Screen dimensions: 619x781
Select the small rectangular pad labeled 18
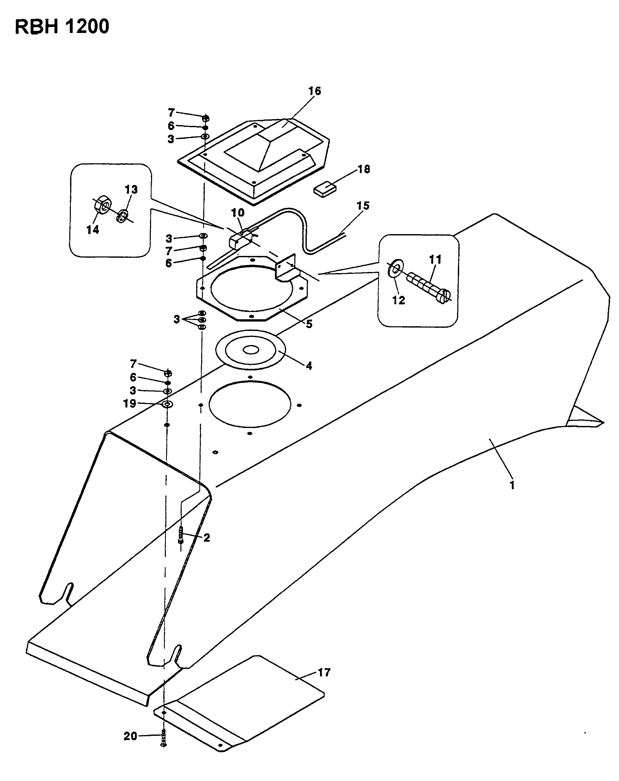tap(325, 189)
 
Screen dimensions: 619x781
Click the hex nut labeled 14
tap(102, 206)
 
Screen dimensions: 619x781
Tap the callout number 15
tap(363, 206)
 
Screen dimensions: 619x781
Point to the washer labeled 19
tap(167, 404)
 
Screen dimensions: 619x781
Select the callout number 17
tap(324, 672)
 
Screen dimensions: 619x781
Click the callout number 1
tap(512, 485)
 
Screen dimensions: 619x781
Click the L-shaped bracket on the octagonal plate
tap(286, 267)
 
